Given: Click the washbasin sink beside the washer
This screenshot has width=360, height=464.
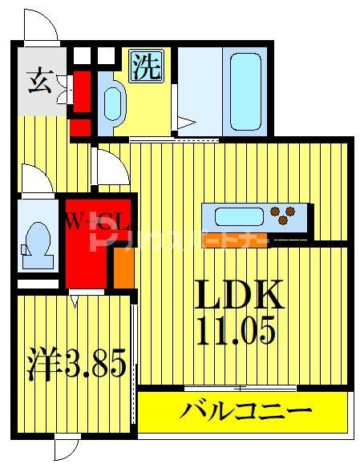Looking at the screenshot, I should coord(112,102).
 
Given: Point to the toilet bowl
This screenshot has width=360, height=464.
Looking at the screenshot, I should coord(37,238).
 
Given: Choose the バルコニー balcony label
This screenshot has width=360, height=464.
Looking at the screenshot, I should coord(245,412).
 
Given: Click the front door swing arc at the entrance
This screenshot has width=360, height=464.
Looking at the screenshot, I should coord(40,24).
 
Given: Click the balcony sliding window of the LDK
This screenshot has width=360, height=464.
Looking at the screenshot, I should coord(241,389).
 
